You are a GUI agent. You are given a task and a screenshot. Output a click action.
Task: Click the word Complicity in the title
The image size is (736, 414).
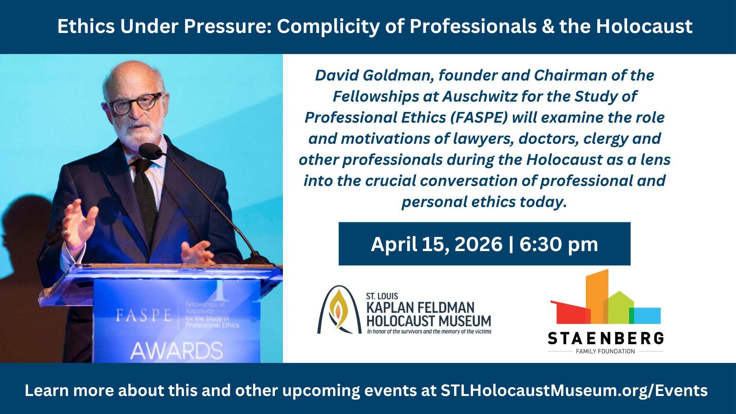328,27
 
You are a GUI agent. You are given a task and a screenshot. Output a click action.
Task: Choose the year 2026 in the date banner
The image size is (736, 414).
478,244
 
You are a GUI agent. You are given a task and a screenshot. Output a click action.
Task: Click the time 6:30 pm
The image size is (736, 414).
559,245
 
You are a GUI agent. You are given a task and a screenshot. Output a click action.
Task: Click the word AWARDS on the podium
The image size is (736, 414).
177,351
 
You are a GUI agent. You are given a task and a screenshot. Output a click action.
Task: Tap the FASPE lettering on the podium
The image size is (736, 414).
143,315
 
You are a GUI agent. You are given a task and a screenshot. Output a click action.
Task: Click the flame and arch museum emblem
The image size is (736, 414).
339,310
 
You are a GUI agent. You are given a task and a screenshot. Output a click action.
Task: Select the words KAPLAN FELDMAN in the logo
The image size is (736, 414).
421,308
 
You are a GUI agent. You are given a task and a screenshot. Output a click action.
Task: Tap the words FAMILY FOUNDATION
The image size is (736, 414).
605,352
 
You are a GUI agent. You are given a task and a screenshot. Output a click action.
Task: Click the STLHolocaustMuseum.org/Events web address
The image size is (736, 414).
574,391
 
